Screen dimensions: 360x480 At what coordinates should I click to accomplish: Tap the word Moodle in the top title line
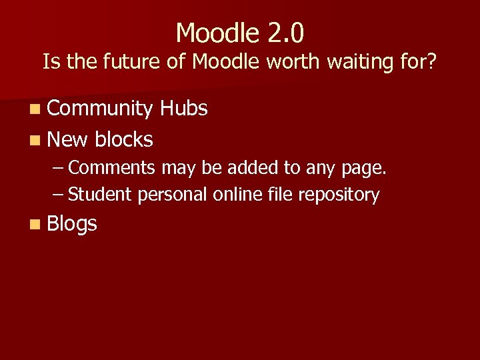click(214, 32)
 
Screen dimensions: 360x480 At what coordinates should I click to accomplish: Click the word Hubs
click(184, 109)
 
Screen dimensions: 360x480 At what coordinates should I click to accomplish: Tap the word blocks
click(124, 139)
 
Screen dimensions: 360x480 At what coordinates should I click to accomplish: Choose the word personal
click(173, 195)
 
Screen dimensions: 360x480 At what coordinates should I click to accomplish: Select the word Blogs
click(72, 224)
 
